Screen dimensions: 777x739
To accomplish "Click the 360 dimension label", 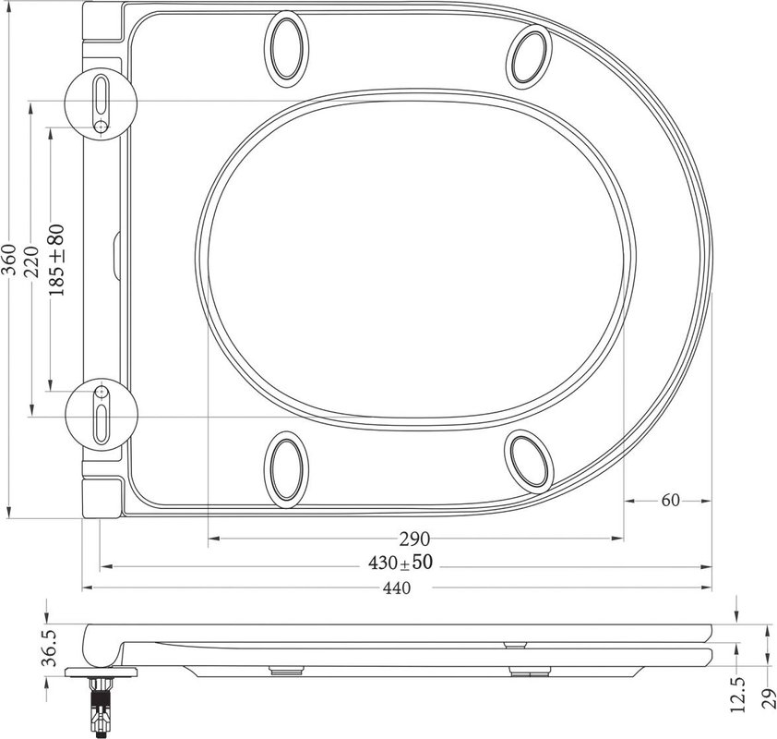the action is pos(10,260).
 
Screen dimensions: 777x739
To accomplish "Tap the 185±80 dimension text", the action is pos(56,260).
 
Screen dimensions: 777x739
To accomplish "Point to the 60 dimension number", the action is pos(671,501).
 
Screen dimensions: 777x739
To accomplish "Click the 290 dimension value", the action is pos(414,539).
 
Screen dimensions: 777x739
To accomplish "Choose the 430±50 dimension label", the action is pos(400,563).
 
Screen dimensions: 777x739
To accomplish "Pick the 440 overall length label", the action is pos(397,588).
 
